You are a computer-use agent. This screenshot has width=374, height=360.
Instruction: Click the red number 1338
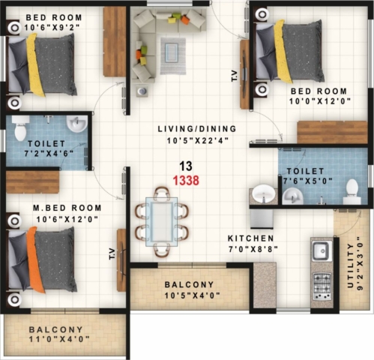tap(186, 180)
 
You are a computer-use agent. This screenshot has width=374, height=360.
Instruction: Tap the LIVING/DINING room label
tap(197, 129)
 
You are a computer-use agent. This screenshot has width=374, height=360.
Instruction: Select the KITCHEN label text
tap(251, 238)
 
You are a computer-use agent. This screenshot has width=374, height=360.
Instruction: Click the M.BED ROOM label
tap(67, 208)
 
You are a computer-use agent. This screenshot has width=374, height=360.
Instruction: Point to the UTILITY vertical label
tap(351, 265)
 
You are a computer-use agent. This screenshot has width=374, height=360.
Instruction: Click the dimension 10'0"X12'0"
tap(320, 101)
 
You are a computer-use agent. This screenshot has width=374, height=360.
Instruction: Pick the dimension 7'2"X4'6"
tap(49, 153)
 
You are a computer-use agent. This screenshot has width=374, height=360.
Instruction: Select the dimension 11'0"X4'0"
tap(59, 339)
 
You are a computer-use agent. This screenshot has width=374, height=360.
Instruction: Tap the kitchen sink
tap(322, 250)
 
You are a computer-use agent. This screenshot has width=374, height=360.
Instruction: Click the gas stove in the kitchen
tap(322, 286)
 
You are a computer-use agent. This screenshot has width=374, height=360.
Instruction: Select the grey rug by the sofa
tap(173, 55)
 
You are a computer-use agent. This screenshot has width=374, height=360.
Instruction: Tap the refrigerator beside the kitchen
tap(262, 219)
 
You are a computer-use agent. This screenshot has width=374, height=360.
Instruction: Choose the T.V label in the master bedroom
tap(112, 253)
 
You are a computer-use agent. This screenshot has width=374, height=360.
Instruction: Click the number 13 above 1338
tap(186, 166)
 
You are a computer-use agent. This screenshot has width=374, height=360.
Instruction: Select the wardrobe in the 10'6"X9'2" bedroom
tap(115, 41)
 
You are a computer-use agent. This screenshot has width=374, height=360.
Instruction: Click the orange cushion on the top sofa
tap(185, 19)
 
